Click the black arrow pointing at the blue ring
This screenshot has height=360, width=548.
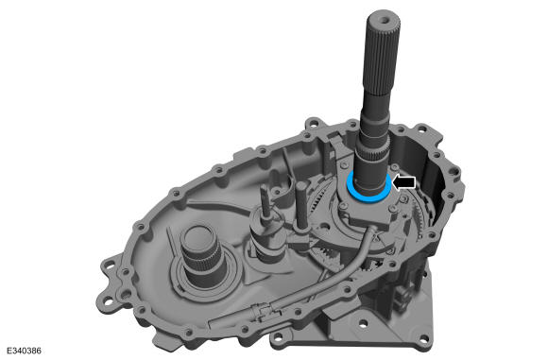point(404,182)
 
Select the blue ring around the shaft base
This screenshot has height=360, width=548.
point(368,198)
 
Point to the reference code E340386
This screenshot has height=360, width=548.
point(25,351)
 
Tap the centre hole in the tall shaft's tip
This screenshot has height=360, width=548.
point(385,20)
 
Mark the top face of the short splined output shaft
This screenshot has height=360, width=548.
point(197,233)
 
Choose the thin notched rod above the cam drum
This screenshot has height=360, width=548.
point(265,200)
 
